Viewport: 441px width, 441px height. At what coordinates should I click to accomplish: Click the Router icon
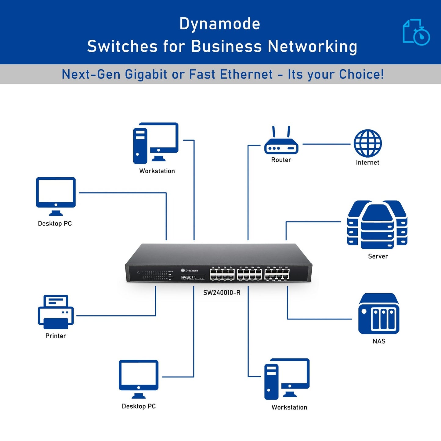[x=281, y=143]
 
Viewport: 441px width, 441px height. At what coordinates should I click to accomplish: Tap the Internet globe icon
[x=367, y=143]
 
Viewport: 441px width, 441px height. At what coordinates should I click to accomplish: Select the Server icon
[x=377, y=225]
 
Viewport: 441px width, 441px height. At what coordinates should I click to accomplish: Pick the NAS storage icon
[x=379, y=314]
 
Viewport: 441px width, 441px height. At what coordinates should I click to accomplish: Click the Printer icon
[x=56, y=312]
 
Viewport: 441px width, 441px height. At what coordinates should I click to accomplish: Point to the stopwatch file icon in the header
[x=416, y=32]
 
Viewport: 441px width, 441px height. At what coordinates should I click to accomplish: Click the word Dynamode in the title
[x=220, y=24]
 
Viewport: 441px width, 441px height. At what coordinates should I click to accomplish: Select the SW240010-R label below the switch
[x=222, y=293]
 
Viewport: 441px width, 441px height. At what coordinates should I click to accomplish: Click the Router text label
[x=281, y=160]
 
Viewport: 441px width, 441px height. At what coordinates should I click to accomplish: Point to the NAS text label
[x=379, y=341]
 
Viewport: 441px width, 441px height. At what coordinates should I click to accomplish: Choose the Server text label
[x=378, y=256]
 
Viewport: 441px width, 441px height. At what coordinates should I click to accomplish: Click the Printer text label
[x=56, y=336]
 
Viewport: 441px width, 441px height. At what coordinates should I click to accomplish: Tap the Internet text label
[x=367, y=163]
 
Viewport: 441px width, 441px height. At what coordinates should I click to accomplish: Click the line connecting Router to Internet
[x=326, y=144]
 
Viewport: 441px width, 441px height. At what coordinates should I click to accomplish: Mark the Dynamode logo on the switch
[x=190, y=270]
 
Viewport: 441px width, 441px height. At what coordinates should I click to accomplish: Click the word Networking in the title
[x=312, y=47]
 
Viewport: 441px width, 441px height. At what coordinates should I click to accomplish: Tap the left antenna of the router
[x=274, y=132]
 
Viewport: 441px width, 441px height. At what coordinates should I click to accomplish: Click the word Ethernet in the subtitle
[x=246, y=74]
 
